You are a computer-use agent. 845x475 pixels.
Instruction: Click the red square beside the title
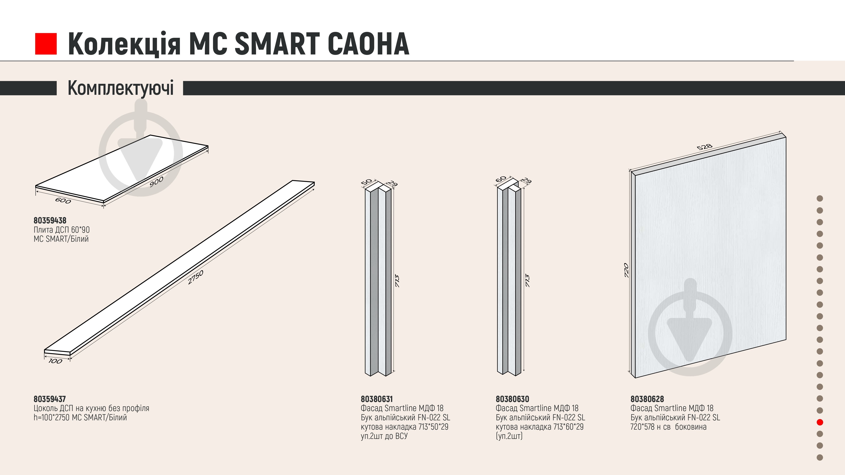(46, 44)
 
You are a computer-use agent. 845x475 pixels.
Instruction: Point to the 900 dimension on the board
(157, 182)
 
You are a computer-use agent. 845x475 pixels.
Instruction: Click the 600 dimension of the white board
(63, 200)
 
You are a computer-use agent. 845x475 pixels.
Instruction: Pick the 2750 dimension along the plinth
(196, 277)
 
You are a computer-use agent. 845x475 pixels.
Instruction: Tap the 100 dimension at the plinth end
(55, 361)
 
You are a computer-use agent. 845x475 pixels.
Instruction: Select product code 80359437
(50, 399)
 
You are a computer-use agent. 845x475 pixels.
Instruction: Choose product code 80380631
(377, 399)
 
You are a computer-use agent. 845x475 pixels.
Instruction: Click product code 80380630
(512, 399)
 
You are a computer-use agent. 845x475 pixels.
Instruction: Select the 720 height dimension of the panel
(626, 270)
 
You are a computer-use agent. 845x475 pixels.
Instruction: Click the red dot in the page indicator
(820, 422)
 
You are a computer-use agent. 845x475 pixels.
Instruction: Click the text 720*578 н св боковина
(669, 427)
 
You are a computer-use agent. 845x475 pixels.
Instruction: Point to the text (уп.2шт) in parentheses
(509, 436)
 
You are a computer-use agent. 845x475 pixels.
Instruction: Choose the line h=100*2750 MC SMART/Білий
(80, 418)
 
